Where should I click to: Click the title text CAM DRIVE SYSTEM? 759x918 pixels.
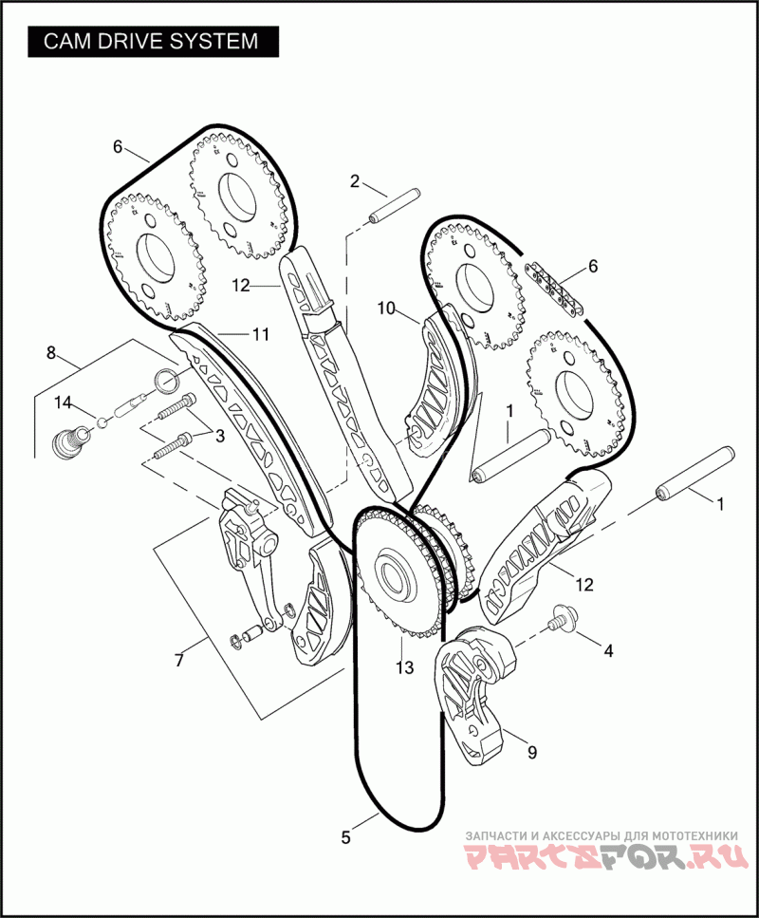(152, 42)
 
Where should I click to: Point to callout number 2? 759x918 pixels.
(354, 180)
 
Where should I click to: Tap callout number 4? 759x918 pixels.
(608, 651)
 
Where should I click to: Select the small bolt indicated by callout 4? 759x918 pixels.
(561, 620)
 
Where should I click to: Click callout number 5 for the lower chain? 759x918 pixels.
(345, 837)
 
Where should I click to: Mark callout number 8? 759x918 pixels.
(51, 353)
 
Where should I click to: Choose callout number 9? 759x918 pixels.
(531, 752)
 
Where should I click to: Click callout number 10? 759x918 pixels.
(385, 308)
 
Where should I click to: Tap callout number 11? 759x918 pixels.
(261, 334)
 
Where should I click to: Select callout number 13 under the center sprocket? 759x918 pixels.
(405, 667)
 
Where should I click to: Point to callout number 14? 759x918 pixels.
(62, 403)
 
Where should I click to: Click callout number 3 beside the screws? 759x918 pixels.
(219, 436)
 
